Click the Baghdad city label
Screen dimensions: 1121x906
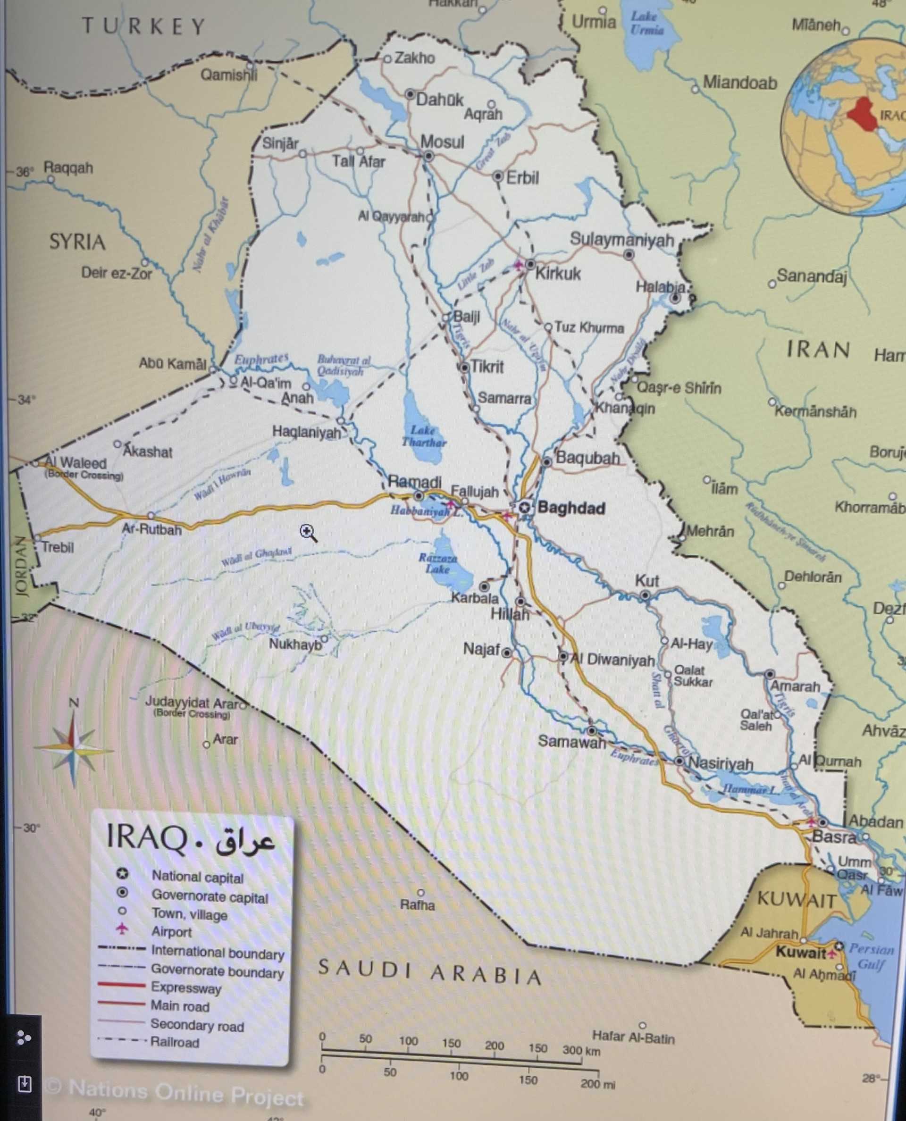tap(571, 508)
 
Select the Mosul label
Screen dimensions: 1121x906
tap(442, 142)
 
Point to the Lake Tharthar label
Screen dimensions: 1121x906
tap(424, 436)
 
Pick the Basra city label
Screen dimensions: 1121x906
tap(833, 837)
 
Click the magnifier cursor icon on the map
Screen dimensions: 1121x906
tap(308, 533)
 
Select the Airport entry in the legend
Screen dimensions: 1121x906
tap(171, 931)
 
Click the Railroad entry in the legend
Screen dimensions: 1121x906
tap(174, 1042)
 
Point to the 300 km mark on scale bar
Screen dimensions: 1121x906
tap(580, 1050)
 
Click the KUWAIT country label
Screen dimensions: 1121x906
tap(797, 899)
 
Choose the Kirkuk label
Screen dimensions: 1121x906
tap(557, 274)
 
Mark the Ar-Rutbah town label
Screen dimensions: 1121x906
tap(151, 529)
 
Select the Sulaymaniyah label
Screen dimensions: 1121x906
tap(621, 240)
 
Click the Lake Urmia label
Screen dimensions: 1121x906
tap(646, 23)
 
